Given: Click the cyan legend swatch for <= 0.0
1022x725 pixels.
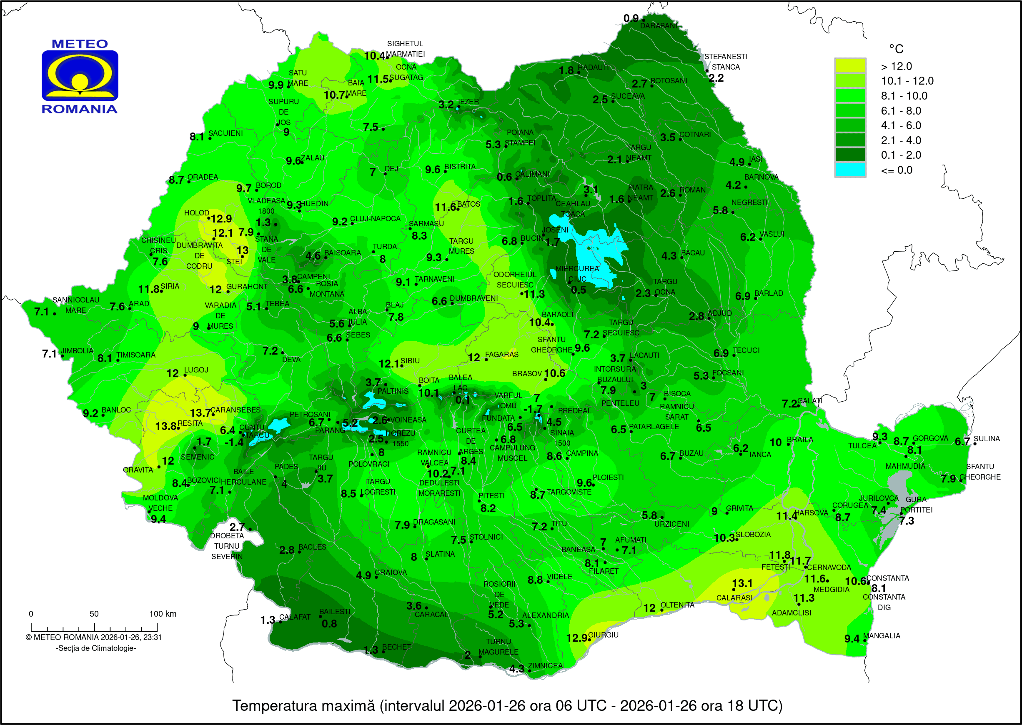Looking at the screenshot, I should (850, 170).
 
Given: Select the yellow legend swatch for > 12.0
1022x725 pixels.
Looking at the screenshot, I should (850, 66).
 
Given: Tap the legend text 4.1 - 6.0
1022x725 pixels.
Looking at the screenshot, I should (901, 125).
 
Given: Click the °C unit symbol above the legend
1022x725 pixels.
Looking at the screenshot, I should (896, 49).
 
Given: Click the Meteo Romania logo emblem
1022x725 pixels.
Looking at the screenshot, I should (80, 75).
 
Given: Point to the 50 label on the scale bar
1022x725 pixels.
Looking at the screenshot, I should (94, 614).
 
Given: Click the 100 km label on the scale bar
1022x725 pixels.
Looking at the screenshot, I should (163, 614).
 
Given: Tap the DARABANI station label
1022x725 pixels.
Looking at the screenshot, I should (659, 26).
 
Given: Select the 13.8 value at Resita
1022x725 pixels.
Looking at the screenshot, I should (165, 426).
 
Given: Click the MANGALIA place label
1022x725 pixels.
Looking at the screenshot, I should (882, 636).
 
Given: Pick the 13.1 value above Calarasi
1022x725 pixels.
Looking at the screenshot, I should (742, 583).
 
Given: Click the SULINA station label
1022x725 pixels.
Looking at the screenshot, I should (987, 439).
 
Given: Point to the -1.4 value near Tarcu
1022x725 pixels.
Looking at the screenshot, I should (233, 442).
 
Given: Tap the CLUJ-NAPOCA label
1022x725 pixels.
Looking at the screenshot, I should (375, 219).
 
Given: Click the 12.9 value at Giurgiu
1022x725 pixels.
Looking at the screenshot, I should (576, 638).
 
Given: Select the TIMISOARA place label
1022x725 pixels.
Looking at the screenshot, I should (136, 355).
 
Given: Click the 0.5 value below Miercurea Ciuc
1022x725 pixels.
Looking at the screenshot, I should (578, 290).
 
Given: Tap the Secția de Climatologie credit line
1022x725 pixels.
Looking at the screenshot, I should (96, 648).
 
